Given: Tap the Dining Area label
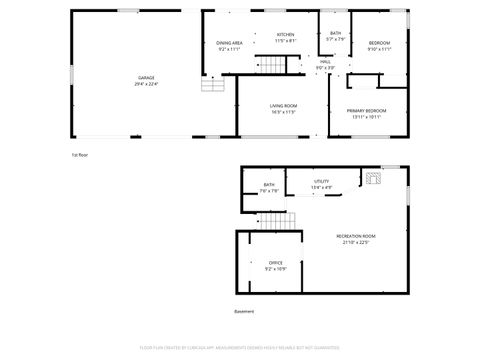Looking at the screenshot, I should (x=230, y=43).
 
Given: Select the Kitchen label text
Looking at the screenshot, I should (x=285, y=35).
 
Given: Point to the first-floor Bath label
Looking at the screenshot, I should (x=335, y=34).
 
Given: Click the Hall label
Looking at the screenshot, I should (x=326, y=62).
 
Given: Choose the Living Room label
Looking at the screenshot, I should (x=283, y=105).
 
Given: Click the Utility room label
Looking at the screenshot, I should (x=321, y=181).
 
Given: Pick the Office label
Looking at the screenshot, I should (x=275, y=263).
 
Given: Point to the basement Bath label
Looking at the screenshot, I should (x=269, y=185).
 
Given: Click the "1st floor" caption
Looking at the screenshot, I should (x=80, y=155).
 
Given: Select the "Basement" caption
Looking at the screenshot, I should (x=244, y=312).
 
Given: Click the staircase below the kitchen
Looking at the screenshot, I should (x=273, y=66).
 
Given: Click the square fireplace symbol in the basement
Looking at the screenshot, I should (x=373, y=180).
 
